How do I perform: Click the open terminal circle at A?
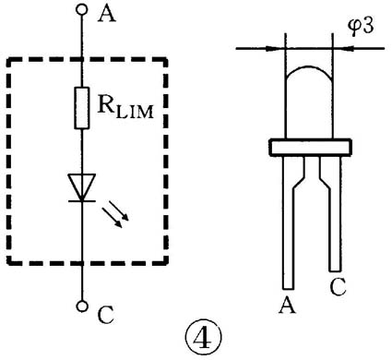click(82, 9)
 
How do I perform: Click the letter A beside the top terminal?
click(107, 14)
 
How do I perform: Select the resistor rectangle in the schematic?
click(82, 108)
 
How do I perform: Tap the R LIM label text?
click(125, 106)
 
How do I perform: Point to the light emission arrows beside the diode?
click(115, 214)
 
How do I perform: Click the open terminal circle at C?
click(82, 306)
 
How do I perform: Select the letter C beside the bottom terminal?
click(106, 315)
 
